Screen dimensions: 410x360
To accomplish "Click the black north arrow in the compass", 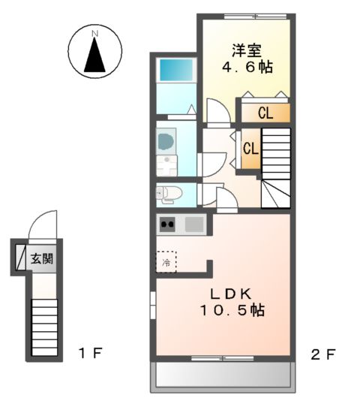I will pyautogui.click(x=94, y=57).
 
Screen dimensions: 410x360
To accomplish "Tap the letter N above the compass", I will pyautogui.click(x=94, y=34).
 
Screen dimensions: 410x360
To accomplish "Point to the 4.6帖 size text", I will pyautogui.click(x=246, y=68).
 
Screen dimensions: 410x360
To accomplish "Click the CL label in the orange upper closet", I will pyautogui.click(x=265, y=113).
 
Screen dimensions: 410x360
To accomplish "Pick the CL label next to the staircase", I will pyautogui.click(x=250, y=149).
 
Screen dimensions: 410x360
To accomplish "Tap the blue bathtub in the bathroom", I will pyautogui.click(x=175, y=71).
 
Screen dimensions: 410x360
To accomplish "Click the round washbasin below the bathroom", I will pyautogui.click(x=166, y=140).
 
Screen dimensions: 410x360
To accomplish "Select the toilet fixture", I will pyautogui.click(x=169, y=194).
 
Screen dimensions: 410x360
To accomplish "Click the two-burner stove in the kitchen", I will pyautogui.click(x=167, y=224).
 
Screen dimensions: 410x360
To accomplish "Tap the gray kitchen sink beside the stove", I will pyautogui.click(x=193, y=224).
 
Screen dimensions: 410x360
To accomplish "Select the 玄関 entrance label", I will pyautogui.click(x=42, y=260).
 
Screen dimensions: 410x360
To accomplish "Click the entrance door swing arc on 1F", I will pyautogui.click(x=45, y=223).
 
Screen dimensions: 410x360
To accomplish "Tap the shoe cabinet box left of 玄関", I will pyautogui.click(x=21, y=260).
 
